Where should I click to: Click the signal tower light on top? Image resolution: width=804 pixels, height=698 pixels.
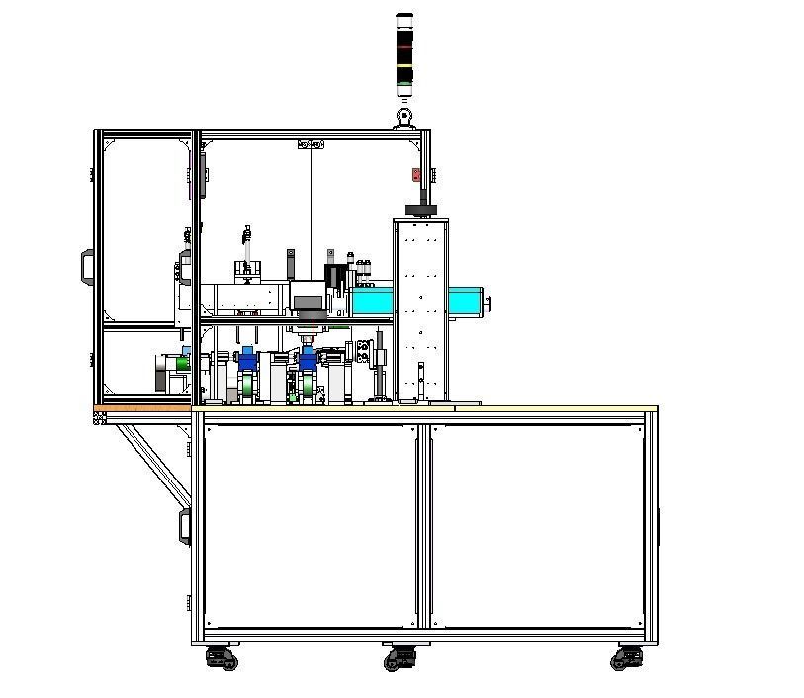404,54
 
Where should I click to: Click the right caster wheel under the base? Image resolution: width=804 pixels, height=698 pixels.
627,656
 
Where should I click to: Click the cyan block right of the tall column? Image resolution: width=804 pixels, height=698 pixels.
466,302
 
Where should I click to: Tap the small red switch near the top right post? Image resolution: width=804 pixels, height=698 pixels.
416,175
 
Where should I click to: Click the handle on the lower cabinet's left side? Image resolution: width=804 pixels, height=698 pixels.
184,526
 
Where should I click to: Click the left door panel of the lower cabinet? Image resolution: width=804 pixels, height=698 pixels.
310,525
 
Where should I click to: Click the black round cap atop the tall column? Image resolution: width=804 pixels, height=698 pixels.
421,209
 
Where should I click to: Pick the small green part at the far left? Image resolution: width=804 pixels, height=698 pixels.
180,363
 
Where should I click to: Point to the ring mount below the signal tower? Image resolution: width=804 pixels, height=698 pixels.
403,117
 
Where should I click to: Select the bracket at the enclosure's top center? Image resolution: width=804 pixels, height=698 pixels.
311,145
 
